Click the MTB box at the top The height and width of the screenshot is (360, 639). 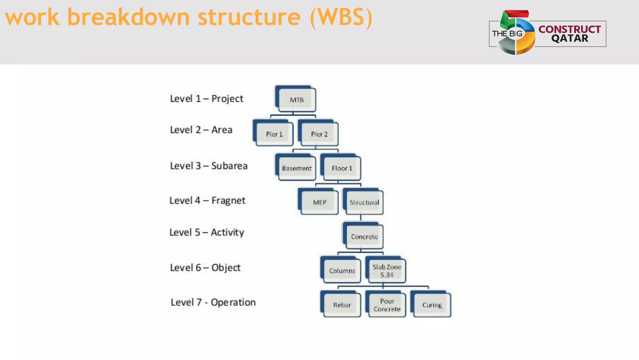pos(297,100)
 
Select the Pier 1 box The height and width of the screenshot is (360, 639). pos(274,134)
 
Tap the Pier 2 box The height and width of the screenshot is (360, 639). pos(319,134)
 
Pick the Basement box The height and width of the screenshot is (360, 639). pos(297,168)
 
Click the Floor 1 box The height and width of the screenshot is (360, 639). pos(342,168)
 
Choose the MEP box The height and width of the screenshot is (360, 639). pos(319,202)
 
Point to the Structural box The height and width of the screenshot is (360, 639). pos(364,202)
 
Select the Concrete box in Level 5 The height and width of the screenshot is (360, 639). pos(364,237)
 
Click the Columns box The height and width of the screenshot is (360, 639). pos(342,271)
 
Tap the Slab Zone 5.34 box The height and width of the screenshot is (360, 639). pos(387,271)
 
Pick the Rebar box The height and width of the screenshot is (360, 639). pos(342,305)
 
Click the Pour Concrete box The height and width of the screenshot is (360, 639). pos(387,305)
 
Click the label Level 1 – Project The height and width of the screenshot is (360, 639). pos(206,99)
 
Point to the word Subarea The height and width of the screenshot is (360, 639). pos(229,166)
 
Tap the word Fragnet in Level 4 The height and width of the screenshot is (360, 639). pos(228,200)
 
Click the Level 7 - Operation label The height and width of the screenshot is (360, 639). pos(213,302)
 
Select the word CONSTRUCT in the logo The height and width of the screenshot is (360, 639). pos(569,29)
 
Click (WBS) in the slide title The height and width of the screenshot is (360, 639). pos(341,17)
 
